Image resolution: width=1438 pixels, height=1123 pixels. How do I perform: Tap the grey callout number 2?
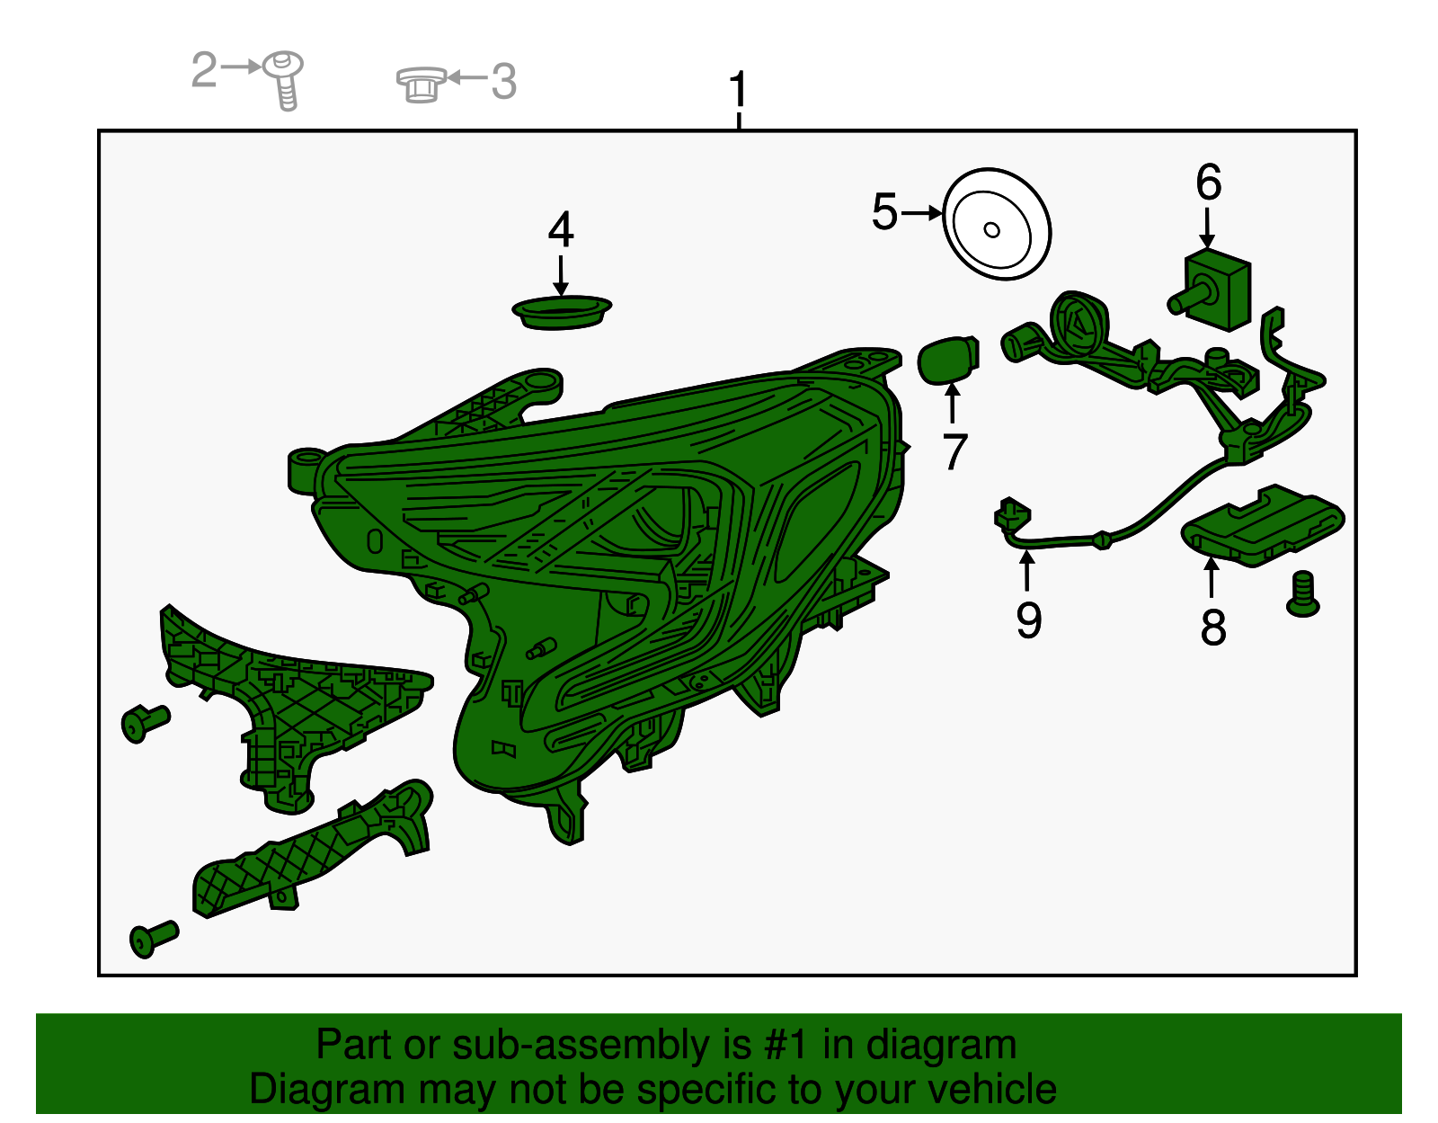click(x=204, y=69)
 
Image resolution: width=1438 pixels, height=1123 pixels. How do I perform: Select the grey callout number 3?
click(x=503, y=82)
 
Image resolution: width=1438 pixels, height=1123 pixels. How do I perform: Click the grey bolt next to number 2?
click(x=284, y=80)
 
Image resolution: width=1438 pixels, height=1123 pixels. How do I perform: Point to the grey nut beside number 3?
click(x=422, y=84)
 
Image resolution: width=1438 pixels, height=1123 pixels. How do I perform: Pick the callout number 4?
click(x=561, y=229)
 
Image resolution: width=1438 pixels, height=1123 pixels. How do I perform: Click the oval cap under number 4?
click(x=562, y=312)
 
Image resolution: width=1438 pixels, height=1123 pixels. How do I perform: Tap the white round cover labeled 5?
click(x=997, y=224)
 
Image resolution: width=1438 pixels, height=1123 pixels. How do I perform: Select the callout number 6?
click(x=1209, y=182)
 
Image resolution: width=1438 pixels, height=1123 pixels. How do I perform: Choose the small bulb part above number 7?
click(x=948, y=360)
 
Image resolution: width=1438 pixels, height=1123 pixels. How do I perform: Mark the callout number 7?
click(x=954, y=451)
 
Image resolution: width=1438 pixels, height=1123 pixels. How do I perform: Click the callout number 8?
click(x=1213, y=627)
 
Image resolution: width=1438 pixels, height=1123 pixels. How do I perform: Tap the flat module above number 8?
click(x=1263, y=525)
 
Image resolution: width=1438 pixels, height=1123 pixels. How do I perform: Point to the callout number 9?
click(x=1029, y=620)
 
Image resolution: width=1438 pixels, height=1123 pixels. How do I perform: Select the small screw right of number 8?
click(x=1303, y=593)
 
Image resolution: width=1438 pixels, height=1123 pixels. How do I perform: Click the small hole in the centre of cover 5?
click(x=991, y=229)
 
